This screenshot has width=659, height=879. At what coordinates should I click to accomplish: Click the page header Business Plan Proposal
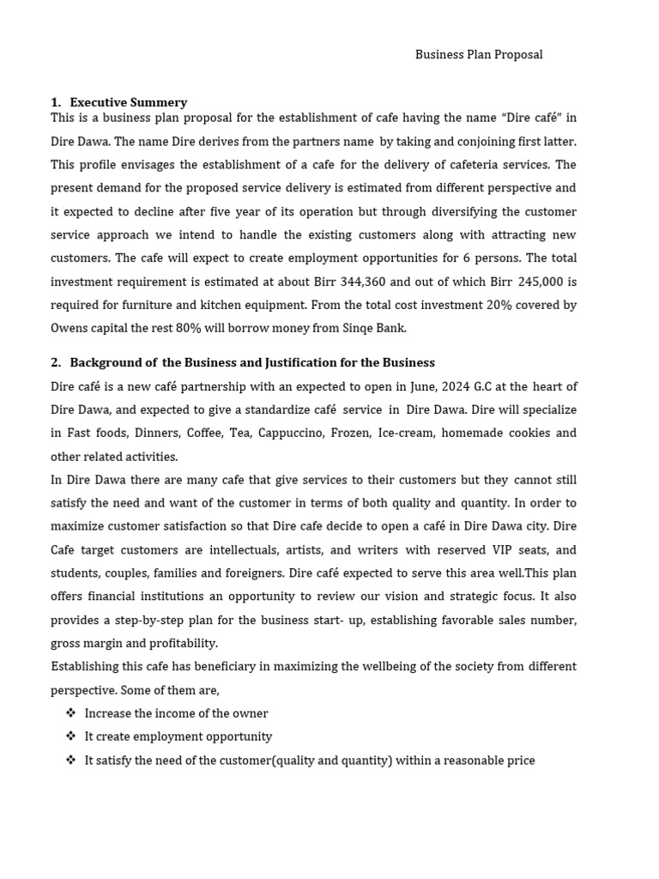[479, 54]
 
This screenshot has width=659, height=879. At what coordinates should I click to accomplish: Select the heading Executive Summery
[128, 102]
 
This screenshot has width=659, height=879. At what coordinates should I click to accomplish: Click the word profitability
[182, 643]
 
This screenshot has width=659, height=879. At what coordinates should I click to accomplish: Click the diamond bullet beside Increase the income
[70, 713]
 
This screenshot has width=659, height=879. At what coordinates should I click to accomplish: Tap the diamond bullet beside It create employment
[70, 737]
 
